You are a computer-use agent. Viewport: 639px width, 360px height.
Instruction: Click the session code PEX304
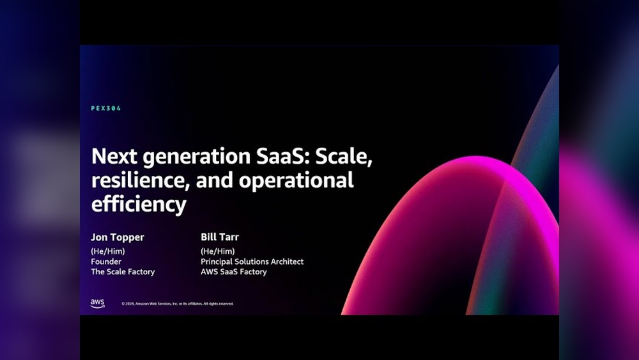pyautogui.click(x=106, y=109)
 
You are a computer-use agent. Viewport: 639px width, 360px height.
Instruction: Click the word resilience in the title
pyautogui.click(x=141, y=180)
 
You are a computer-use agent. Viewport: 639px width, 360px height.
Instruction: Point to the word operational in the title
pyautogui.click(x=296, y=180)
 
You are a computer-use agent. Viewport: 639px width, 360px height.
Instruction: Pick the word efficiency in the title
pyautogui.click(x=139, y=204)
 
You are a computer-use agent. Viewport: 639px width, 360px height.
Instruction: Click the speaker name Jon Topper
pyautogui.click(x=118, y=237)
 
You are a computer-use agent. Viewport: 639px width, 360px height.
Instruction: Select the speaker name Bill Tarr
pyautogui.click(x=220, y=237)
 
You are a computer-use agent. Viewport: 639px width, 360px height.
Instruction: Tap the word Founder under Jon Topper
pyautogui.click(x=106, y=262)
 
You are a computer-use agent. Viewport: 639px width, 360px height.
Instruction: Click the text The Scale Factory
pyautogui.click(x=123, y=272)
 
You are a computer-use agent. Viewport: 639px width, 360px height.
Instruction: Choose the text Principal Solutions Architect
pyautogui.click(x=252, y=262)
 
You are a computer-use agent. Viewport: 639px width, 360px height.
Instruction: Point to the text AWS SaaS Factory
pyautogui.click(x=233, y=272)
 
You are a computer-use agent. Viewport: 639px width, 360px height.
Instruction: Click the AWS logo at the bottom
pyautogui.click(x=97, y=303)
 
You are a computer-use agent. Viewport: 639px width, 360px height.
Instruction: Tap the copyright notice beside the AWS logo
pyautogui.click(x=177, y=304)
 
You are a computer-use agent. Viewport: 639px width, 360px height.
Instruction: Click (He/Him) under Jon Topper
pyautogui.click(x=107, y=251)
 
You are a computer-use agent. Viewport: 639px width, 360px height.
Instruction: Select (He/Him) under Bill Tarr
pyautogui.click(x=218, y=251)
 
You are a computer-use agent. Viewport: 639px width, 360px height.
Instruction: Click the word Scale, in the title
pyautogui.click(x=344, y=157)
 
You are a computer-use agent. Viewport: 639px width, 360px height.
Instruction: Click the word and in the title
pyautogui.click(x=214, y=180)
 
